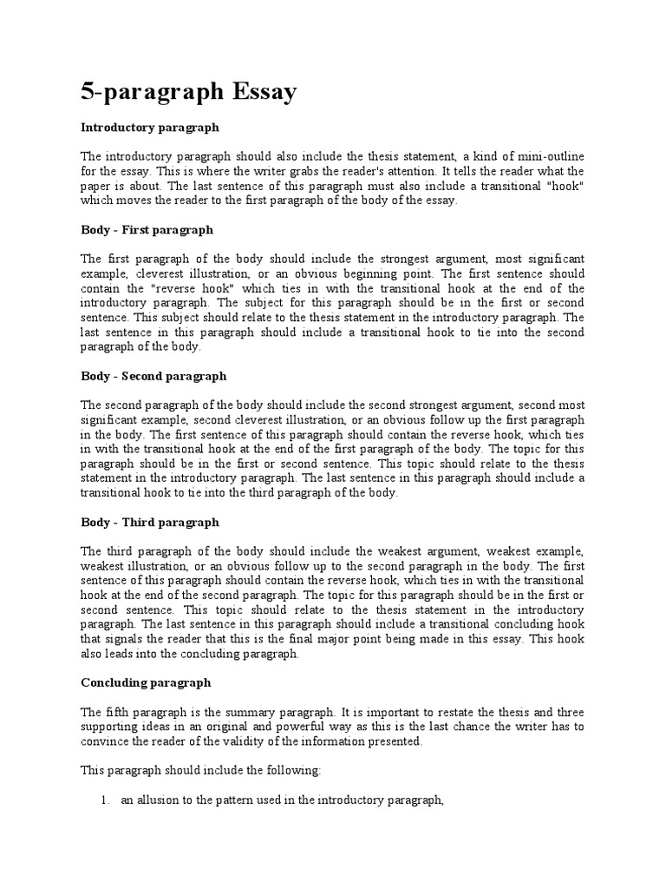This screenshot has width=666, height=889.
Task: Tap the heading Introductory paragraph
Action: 150,127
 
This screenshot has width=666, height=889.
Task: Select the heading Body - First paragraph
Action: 147,230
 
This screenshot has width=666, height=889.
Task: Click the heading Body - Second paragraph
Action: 153,376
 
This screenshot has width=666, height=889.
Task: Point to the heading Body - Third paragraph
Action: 150,522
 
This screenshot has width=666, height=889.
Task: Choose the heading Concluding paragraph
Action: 146,682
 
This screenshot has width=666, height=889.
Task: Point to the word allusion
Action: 153,802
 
